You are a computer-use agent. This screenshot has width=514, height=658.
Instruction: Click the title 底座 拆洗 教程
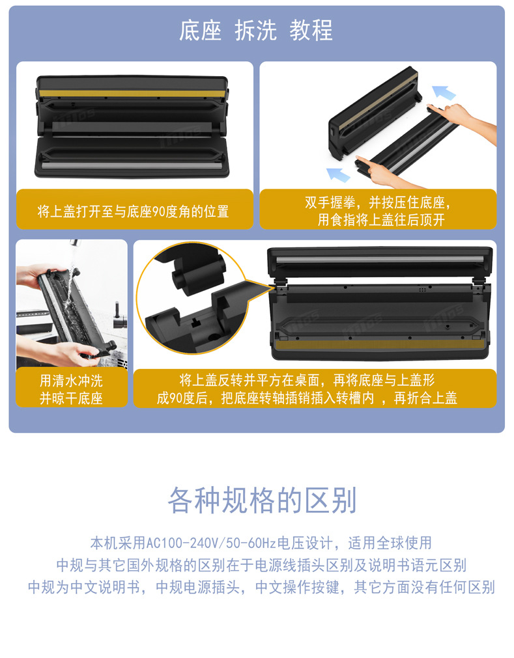(x=256, y=31)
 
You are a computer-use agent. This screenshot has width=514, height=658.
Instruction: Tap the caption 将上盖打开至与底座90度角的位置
(x=133, y=212)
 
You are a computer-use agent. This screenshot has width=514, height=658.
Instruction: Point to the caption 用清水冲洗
(x=71, y=380)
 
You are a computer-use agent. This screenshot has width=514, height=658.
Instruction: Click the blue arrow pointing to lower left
(x=338, y=174)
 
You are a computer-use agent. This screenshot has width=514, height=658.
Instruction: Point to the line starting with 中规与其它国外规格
(x=261, y=565)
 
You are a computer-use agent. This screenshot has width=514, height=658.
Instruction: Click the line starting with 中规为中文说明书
(x=261, y=587)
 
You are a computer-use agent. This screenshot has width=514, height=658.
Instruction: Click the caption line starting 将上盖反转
(x=306, y=380)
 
